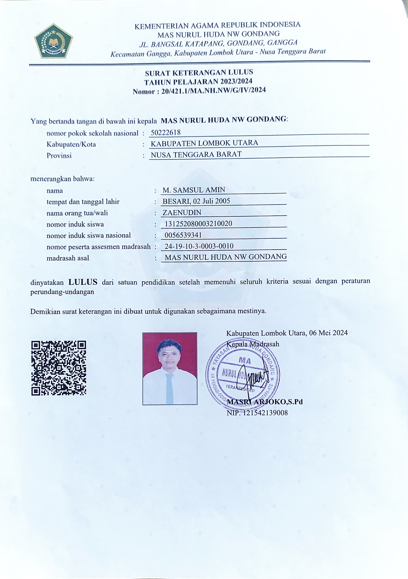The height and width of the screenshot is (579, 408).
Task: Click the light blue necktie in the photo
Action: [x=169, y=388]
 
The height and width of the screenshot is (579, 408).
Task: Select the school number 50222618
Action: [x=165, y=132]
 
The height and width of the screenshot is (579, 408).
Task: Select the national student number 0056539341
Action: [x=183, y=235]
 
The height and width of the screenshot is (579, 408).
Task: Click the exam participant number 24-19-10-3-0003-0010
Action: [x=199, y=246]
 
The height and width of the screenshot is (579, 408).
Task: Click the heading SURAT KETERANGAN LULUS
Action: [x=199, y=73]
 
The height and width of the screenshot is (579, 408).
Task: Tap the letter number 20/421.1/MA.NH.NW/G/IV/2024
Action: [x=213, y=90]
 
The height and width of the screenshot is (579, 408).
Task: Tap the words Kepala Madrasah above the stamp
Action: [x=253, y=344]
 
